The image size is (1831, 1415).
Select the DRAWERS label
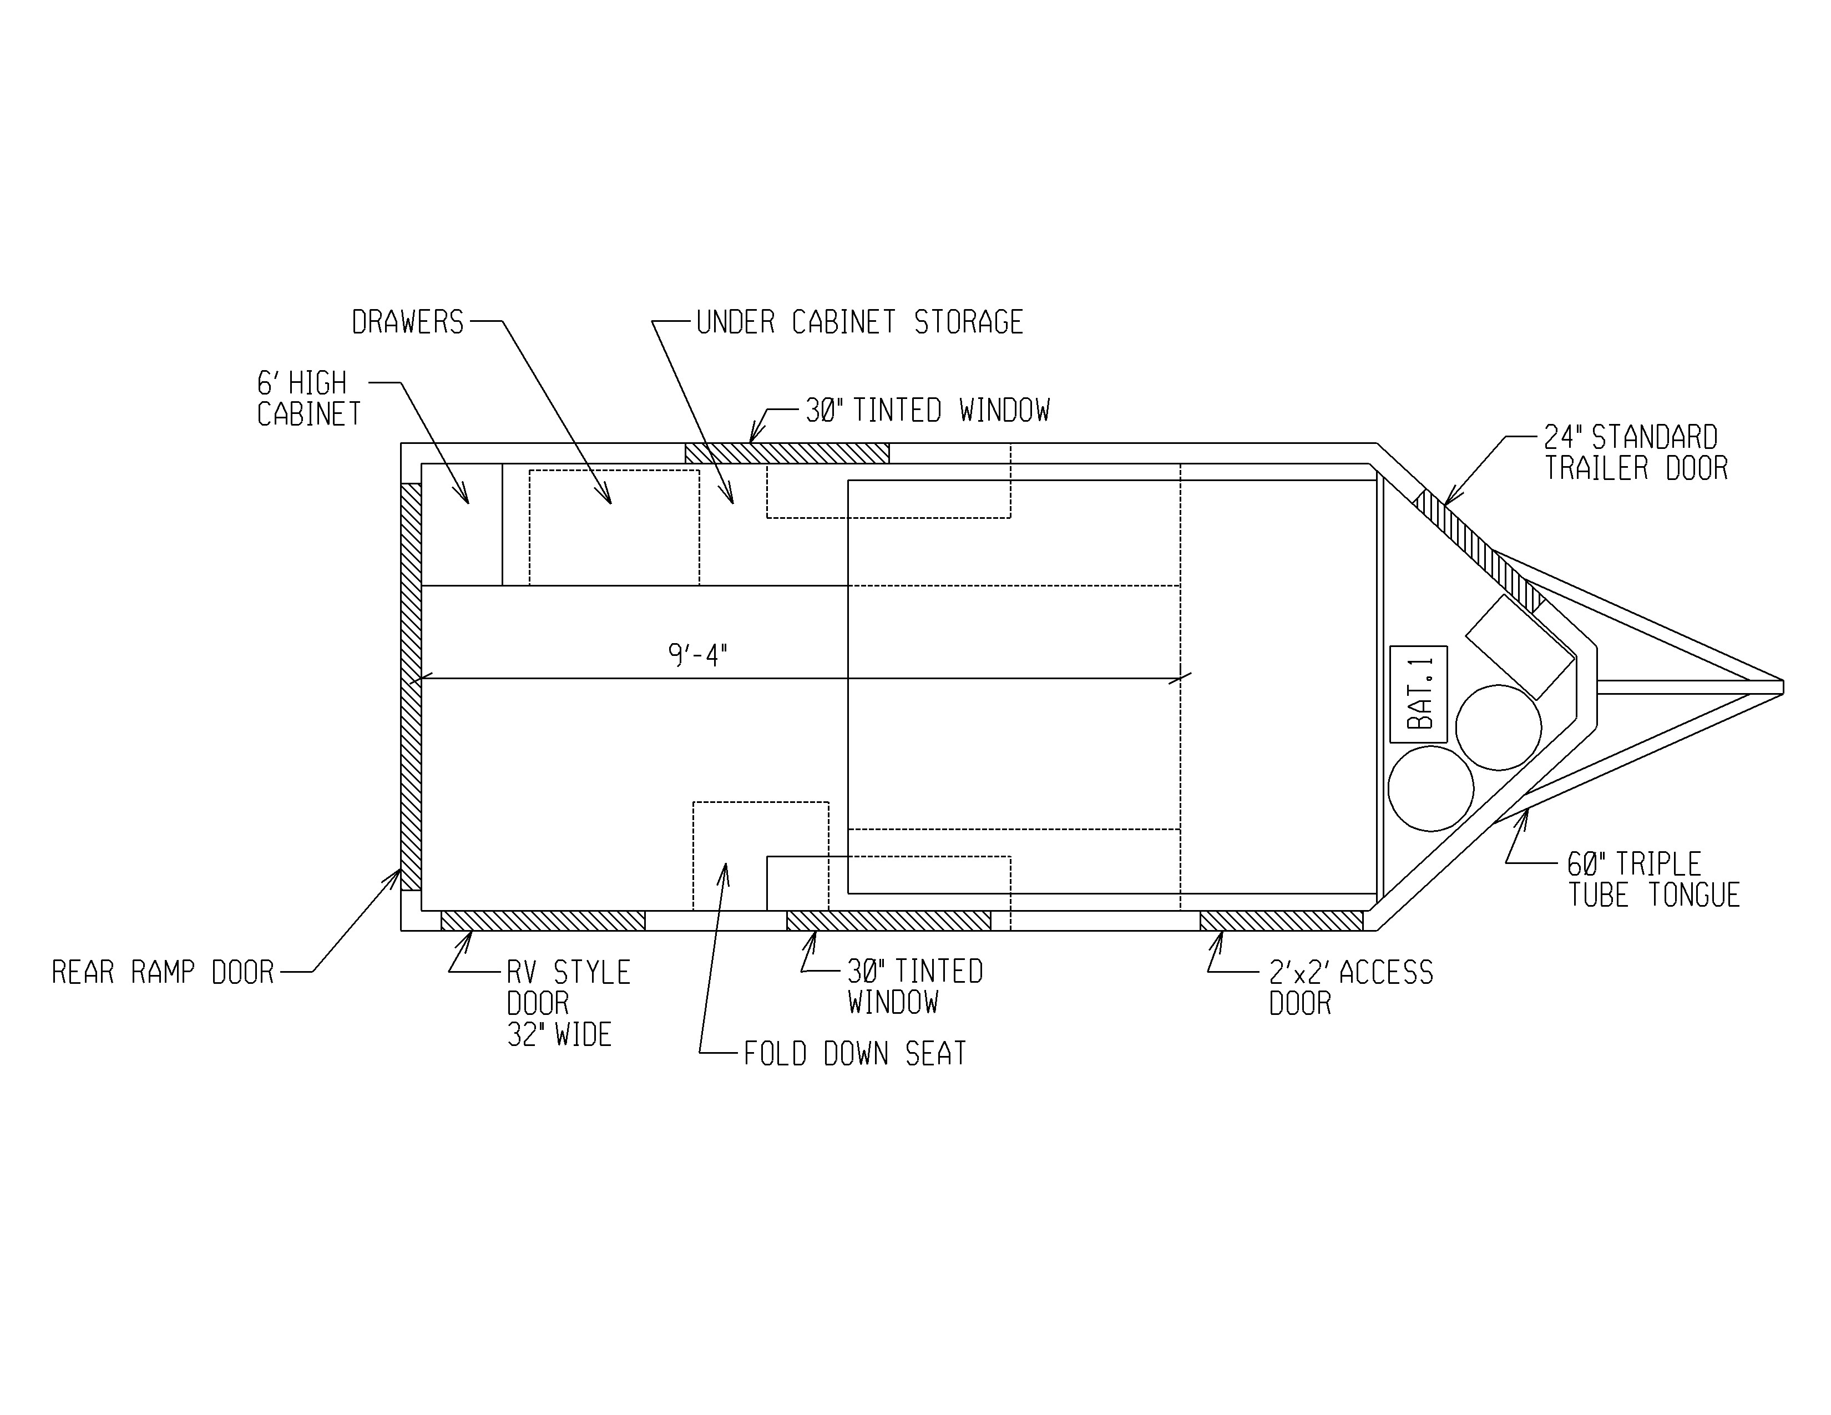click(407, 322)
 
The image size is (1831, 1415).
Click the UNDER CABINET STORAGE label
click(859, 322)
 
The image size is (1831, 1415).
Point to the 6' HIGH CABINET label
click(308, 398)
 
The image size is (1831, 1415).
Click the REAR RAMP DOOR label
click(163, 972)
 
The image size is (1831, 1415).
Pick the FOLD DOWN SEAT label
click(855, 1054)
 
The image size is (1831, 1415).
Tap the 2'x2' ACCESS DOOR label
click(1351, 988)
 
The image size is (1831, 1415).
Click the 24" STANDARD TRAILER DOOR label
click(1636, 453)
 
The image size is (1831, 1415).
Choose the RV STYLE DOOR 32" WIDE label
click(568, 1003)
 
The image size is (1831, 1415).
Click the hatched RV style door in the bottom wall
click(543, 921)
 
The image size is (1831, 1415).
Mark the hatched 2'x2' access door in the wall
click(1282, 921)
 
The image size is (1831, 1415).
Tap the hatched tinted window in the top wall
click(787, 453)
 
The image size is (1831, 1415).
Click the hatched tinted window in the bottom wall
click(889, 921)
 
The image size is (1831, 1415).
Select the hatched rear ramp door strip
click(411, 686)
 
